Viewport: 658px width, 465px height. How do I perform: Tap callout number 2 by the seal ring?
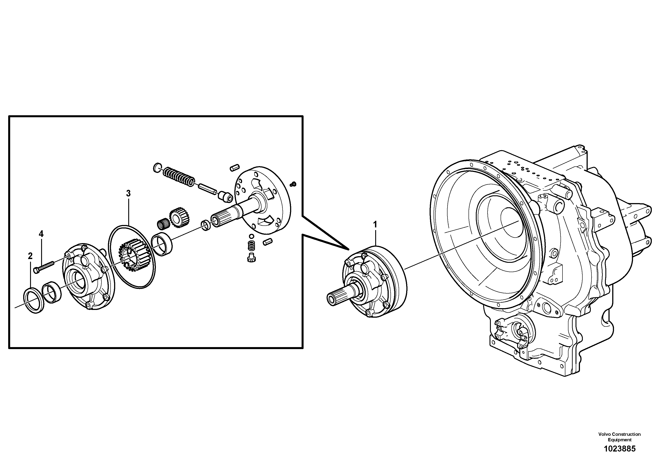[x=30, y=256]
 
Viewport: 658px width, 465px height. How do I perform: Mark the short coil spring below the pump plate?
[x=251, y=246]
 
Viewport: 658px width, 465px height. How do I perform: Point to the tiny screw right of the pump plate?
[x=293, y=184]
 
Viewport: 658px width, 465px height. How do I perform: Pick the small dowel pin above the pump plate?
[x=234, y=167]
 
